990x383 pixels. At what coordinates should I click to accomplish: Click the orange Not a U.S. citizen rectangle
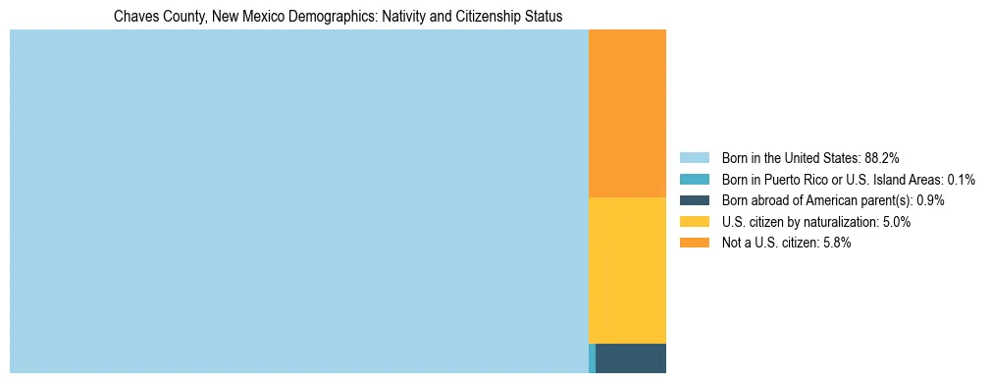point(627,113)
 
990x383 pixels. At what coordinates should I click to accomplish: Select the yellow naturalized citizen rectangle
point(627,270)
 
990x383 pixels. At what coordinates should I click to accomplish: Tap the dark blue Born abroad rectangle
point(631,358)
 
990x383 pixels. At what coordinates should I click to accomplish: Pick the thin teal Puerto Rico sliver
point(592,358)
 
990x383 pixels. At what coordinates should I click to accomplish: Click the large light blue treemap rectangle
point(298,201)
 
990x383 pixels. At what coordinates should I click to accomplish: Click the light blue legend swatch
point(694,158)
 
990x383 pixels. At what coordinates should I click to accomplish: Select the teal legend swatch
point(694,180)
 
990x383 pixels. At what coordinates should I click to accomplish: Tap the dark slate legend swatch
point(694,200)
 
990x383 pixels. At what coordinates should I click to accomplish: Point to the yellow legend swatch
point(694,222)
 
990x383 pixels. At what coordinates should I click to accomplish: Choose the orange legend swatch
point(694,243)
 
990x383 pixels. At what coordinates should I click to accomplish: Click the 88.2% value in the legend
point(882,158)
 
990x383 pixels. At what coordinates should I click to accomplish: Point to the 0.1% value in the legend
point(962,180)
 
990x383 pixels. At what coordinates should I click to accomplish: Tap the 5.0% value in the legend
point(895,222)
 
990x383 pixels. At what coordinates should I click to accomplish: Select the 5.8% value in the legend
point(835,243)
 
